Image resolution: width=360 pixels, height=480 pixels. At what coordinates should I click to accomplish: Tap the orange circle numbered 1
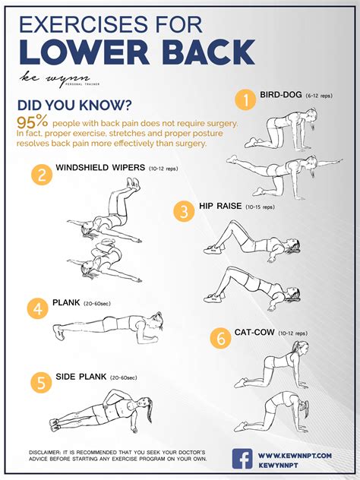click(245, 99)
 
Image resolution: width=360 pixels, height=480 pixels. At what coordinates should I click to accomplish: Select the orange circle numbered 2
click(41, 175)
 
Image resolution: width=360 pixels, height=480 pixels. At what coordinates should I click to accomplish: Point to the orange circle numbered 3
click(182, 210)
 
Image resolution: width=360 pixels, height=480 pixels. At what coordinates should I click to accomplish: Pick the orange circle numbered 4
click(37, 308)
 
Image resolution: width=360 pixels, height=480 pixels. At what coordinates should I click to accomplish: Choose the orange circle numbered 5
click(40, 381)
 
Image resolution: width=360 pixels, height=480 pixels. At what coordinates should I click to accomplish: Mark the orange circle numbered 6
click(221, 338)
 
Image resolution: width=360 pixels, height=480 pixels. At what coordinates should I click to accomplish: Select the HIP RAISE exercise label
click(220, 206)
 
